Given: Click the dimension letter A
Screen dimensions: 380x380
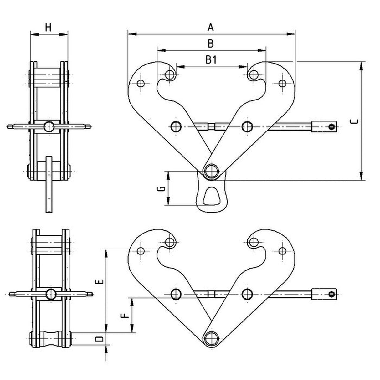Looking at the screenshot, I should pyautogui.click(x=211, y=28).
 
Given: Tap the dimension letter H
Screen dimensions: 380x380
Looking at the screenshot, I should pyautogui.click(x=48, y=28).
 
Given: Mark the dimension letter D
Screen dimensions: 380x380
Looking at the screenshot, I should pyautogui.click(x=100, y=339).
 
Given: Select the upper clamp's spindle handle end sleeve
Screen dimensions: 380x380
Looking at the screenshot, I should pyautogui.click(x=324, y=126).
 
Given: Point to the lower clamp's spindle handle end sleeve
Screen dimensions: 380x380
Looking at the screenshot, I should pyautogui.click(x=324, y=294).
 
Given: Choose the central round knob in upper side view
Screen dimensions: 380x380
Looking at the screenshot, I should pyautogui.click(x=49, y=126).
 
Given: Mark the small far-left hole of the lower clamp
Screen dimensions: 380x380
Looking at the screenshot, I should pyautogui.click(x=141, y=251).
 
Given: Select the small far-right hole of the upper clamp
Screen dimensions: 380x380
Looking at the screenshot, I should pyautogui.click(x=282, y=83).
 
